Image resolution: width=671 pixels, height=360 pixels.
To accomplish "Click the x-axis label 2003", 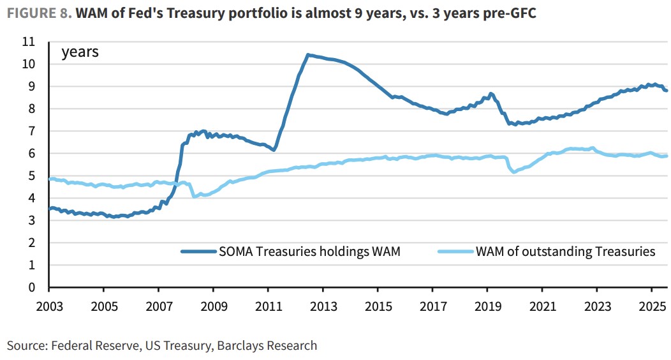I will pos(49,306).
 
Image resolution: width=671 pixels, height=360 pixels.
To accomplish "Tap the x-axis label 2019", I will pos(487,306).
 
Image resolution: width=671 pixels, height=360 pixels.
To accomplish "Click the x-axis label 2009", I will pos(213,306).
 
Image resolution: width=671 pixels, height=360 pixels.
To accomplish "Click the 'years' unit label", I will pos(80,52).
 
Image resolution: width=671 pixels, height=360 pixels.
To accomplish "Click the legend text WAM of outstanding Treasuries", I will pos(565,251).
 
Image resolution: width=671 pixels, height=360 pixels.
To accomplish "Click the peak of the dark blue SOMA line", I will pos(308,55).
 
